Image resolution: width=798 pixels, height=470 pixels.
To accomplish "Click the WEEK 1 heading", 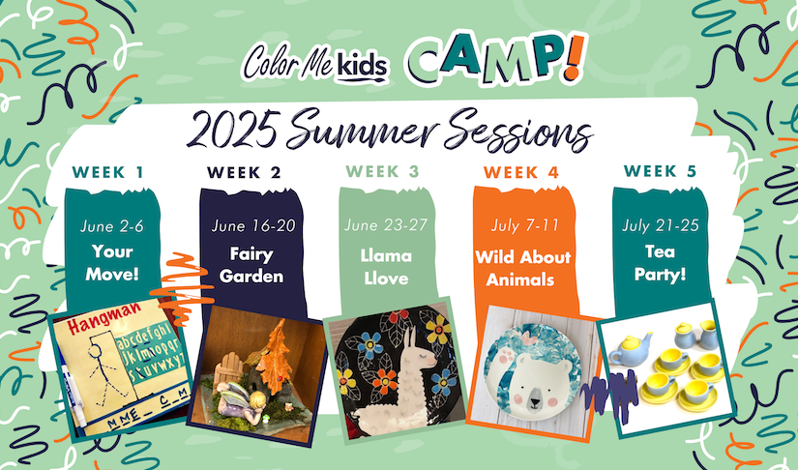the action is (x=108, y=172).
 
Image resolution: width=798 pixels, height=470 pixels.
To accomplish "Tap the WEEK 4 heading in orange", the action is (x=521, y=172).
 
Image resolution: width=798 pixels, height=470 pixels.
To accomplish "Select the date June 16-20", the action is (x=252, y=225).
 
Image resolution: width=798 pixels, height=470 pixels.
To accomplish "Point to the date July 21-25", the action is (x=660, y=225).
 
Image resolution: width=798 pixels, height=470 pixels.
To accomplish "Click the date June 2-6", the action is (x=112, y=226).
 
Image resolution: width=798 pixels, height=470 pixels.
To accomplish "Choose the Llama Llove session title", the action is (x=386, y=267).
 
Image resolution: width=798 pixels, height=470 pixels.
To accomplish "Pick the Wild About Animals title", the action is (x=522, y=268).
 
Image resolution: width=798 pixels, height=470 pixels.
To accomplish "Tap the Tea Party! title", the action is (x=660, y=263).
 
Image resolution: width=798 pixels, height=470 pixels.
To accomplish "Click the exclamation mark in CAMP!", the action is (x=575, y=57).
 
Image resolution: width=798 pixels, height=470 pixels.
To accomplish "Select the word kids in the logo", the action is (x=362, y=66).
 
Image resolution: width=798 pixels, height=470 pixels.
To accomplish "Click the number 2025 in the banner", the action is (x=232, y=129).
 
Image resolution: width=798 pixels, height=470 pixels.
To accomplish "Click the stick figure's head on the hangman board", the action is (x=96, y=350).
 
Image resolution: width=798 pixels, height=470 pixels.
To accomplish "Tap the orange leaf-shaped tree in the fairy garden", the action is (x=274, y=356).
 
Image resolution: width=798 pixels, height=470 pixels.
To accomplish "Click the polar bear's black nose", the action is (x=535, y=403).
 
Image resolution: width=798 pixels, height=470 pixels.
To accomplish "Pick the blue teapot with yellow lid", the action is (x=630, y=349).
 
